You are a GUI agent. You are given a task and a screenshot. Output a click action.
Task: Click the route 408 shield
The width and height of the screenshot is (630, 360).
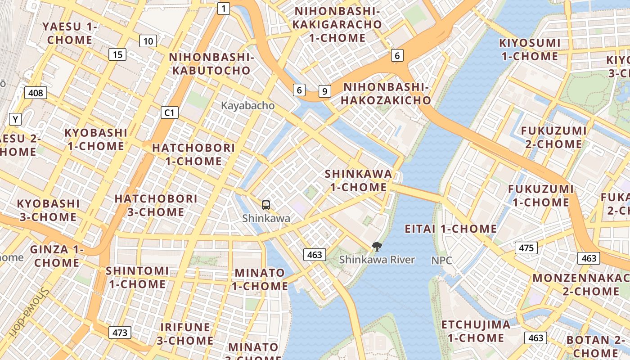pos(36,93)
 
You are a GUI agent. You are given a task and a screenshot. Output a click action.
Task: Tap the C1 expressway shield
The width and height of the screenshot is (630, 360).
pos(170,112)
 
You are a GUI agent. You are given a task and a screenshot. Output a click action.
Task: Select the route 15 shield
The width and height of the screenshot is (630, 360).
pos(117,55)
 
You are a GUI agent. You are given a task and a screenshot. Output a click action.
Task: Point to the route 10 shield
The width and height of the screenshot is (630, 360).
pos(148,41)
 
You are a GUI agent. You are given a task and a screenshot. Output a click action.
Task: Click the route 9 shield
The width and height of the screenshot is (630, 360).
pos(324,91)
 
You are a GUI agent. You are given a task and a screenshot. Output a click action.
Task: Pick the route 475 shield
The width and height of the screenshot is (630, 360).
pos(526,247)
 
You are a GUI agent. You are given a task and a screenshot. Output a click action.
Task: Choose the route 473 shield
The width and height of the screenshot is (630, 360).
pos(120,333)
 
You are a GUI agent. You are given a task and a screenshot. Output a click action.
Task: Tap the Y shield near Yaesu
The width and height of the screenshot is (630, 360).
pos(16,119)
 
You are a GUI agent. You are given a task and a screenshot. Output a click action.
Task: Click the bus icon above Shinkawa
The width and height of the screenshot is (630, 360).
pos(266,205)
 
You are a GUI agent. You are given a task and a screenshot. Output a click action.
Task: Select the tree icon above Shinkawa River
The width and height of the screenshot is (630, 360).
pos(377,246)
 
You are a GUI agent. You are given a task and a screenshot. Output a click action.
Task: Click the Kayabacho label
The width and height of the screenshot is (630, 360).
pos(247,106)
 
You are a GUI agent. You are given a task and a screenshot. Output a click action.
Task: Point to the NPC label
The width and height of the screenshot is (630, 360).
pos(441,261)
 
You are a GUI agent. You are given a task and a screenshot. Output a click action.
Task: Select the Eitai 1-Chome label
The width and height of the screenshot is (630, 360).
pos(451,229)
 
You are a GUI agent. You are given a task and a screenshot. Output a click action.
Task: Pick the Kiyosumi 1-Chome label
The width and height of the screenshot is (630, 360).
pos(530,49)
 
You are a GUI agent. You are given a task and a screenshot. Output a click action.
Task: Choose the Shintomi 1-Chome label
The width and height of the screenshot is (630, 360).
pos(137,277)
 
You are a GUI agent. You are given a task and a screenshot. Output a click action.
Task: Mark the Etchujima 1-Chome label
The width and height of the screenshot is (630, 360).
pos(476,331)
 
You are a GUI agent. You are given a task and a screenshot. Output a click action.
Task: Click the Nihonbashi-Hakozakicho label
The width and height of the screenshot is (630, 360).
pos(386,94)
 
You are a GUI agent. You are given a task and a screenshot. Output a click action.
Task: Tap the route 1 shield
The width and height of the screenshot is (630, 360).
pos(224,8)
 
